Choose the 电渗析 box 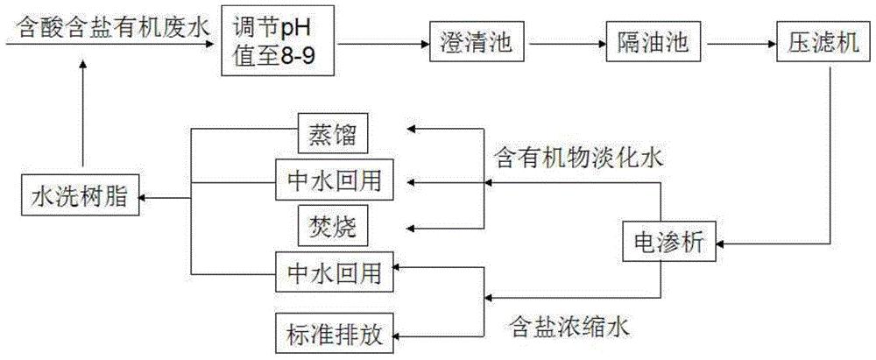[670, 242]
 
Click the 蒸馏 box [332, 134]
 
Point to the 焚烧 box [332, 227]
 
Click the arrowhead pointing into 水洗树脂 [144, 196]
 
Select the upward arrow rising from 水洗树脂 [82, 115]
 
